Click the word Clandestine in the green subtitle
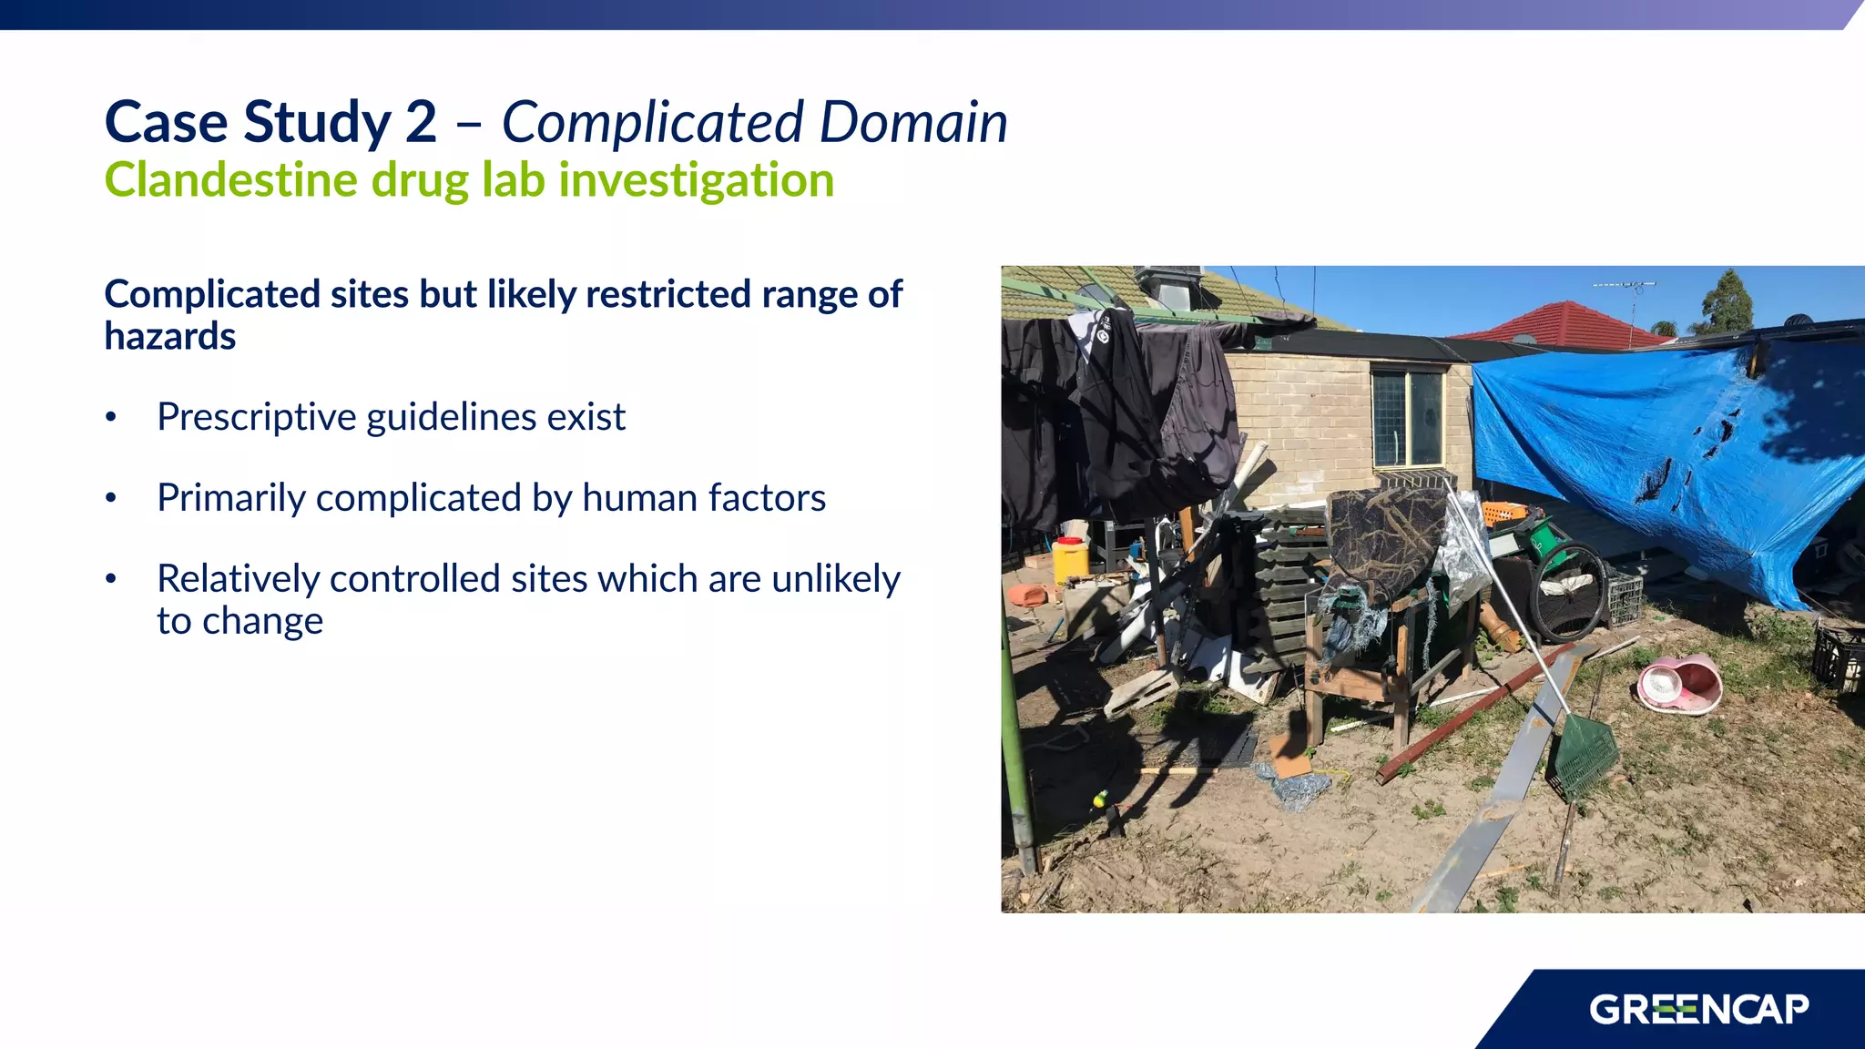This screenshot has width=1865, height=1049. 231,179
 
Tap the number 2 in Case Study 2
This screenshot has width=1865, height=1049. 421,122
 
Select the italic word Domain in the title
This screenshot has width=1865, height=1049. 912,122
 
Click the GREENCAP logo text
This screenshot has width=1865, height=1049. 1698,1010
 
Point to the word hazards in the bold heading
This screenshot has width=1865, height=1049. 170,337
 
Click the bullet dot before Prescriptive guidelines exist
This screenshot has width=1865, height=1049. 111,418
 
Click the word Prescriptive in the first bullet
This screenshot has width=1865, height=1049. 256,417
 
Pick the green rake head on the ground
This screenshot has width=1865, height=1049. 1585,756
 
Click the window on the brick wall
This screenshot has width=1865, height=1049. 1408,418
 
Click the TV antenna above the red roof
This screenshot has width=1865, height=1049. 1625,286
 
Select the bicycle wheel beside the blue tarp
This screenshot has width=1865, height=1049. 1567,592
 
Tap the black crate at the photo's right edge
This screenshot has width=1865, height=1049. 1837,656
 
